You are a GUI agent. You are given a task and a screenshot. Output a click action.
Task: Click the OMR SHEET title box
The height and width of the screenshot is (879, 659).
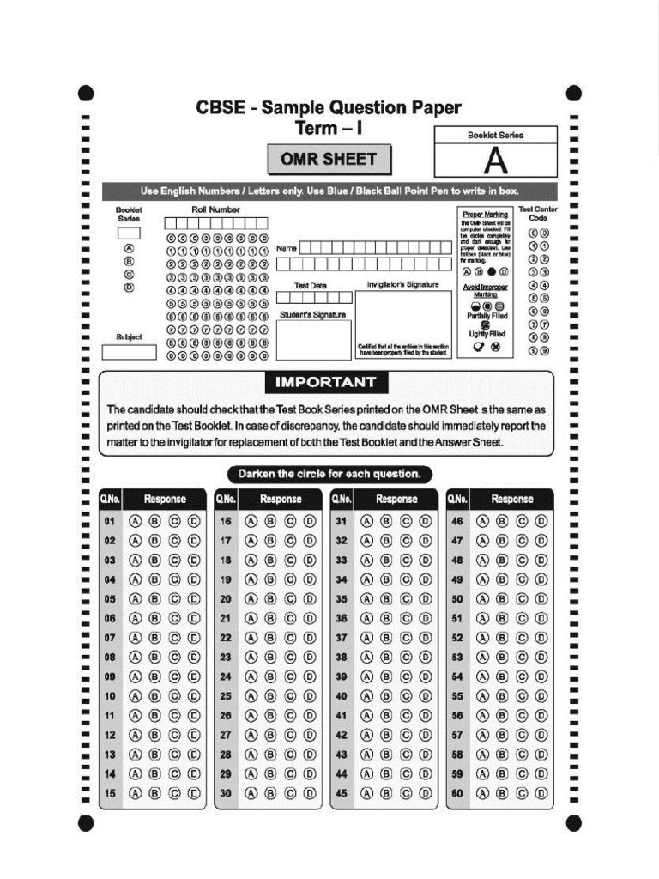tap(329, 159)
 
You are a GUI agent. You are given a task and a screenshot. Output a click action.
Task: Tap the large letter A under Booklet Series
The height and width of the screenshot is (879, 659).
tap(495, 161)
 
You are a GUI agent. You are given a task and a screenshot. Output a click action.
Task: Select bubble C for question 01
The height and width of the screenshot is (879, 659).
tap(174, 521)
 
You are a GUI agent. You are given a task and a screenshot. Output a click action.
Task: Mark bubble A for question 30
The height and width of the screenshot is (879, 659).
tap(251, 793)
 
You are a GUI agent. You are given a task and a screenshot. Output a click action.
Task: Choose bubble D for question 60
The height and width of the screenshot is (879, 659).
tap(541, 793)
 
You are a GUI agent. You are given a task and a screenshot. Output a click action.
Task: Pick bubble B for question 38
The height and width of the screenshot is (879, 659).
tap(386, 657)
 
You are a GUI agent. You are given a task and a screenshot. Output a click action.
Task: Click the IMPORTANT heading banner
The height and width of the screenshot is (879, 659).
tap(325, 382)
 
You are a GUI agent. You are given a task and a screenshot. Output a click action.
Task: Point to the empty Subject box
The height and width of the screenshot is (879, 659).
tap(129, 352)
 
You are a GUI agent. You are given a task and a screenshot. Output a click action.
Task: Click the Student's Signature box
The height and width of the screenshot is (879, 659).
tap(313, 339)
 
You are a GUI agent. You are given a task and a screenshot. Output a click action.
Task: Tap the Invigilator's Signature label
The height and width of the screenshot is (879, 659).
tap(402, 285)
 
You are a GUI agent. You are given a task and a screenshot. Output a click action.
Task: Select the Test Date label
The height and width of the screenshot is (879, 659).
tap(311, 286)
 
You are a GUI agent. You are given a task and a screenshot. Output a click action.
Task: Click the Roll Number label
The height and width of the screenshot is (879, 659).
tap(215, 209)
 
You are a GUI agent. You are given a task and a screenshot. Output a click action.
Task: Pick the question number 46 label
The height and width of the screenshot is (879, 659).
tap(457, 521)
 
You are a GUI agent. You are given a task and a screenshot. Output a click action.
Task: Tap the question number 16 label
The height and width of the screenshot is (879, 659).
tap(226, 521)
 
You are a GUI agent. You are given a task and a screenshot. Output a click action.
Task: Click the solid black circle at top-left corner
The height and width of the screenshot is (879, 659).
tap(84, 93)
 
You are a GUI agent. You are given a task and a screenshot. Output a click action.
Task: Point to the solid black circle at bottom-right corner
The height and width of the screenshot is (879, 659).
tap(574, 824)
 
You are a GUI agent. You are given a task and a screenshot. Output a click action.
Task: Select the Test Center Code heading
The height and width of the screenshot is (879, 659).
tap(538, 214)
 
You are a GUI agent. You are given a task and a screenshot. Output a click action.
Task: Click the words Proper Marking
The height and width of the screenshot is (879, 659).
tap(485, 214)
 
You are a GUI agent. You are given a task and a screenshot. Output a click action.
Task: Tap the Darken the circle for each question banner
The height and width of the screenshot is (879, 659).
tap(329, 474)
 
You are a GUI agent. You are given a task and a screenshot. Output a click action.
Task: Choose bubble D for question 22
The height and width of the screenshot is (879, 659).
tap(310, 638)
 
